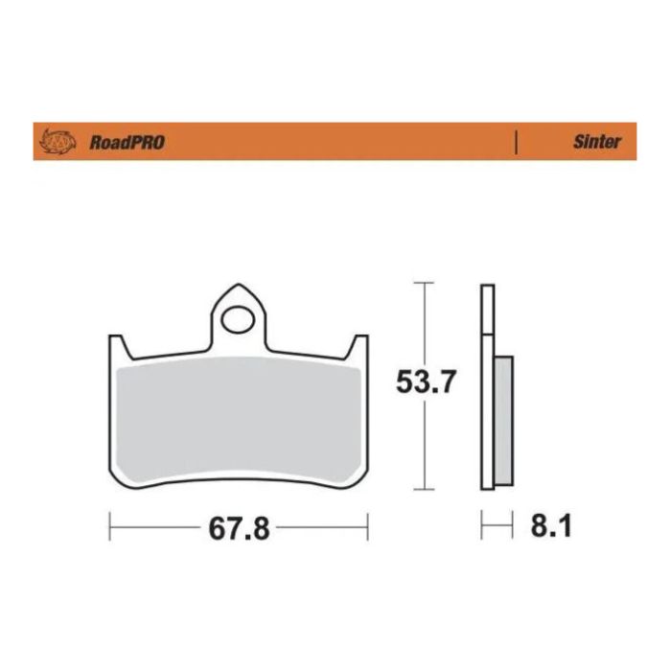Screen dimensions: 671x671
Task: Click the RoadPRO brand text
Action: click(127, 142)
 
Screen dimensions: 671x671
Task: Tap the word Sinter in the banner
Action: click(596, 142)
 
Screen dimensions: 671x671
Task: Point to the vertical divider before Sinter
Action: click(517, 142)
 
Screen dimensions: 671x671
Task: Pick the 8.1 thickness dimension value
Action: click(550, 526)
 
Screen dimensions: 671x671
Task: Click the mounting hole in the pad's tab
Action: click(237, 315)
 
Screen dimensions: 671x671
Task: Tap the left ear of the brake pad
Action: click(117, 345)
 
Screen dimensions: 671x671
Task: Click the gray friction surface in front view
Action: click(239, 417)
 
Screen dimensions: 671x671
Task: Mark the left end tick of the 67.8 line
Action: click(110, 525)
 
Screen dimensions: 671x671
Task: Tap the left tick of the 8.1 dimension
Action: click(482, 525)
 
